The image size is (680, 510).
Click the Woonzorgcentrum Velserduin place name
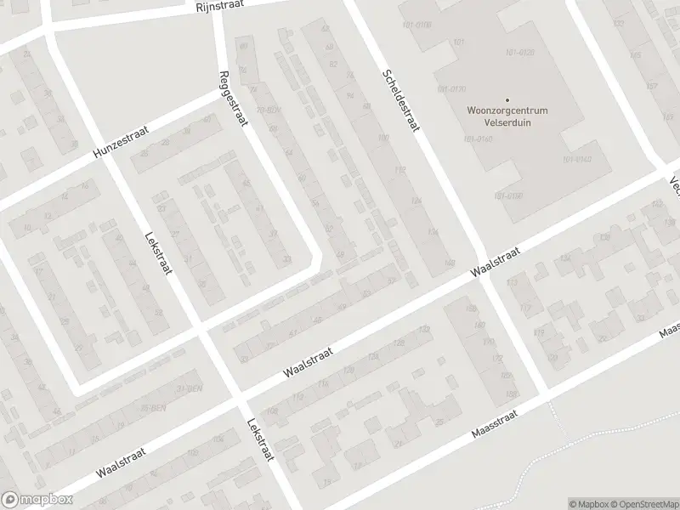pyautogui.click(x=507, y=116)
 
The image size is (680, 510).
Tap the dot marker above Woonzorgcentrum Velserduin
pyautogui.click(x=507, y=100)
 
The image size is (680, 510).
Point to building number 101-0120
pyautogui.click(x=519, y=53)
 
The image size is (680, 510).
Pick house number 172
pyautogui.click(x=498, y=358)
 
